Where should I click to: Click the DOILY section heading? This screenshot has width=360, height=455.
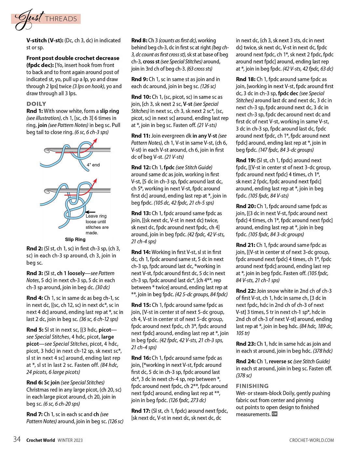tap(36, 104)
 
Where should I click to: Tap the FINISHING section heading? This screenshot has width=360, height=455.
tap(252, 386)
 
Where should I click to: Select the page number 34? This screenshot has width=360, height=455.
tap(17, 439)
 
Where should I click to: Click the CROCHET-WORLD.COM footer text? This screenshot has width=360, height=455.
tap(311, 440)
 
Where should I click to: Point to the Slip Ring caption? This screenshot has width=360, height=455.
tap(75, 239)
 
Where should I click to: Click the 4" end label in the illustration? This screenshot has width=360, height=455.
tap(93, 165)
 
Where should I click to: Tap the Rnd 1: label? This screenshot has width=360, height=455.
tap(34, 111)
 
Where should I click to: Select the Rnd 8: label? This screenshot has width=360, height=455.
tap(139, 40)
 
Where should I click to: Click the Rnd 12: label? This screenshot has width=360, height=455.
tap(141, 167)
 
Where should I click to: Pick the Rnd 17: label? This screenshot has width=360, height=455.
tap(141, 411)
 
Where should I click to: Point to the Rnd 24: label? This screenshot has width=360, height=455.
tap(246, 361)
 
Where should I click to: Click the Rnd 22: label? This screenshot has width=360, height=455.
tap(246, 291)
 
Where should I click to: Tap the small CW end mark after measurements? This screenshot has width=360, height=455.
tap(274, 414)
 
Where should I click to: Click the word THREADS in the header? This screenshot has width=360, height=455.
tap(61, 19)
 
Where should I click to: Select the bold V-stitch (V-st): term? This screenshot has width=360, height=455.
tap(45, 40)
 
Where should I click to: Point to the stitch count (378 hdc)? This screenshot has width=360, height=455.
tap(323, 351)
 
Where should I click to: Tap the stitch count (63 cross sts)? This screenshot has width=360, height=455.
tap(199, 69)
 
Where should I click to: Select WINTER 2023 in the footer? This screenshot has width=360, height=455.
tap(70, 440)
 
